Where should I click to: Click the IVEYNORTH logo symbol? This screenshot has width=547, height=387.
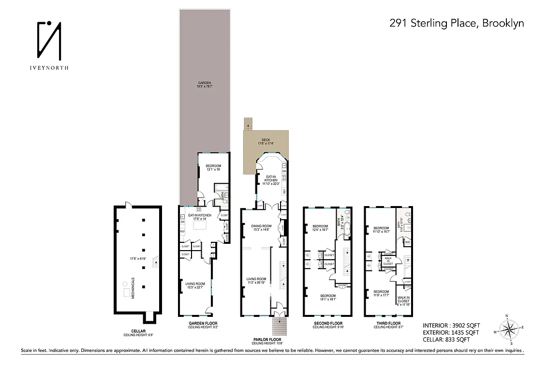point(49,39)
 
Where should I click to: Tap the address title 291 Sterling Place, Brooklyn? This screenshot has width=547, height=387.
point(457,23)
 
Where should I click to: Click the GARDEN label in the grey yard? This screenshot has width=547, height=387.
point(205,84)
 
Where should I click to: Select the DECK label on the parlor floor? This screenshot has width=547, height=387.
point(266,141)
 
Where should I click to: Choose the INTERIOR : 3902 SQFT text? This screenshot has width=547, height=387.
point(451,326)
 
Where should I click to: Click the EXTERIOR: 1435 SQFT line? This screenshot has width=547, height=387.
point(451,332)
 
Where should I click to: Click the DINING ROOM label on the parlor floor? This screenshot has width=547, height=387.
point(261,227)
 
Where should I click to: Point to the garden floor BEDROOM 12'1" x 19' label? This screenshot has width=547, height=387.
point(213,167)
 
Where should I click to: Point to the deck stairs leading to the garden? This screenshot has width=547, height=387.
point(248,124)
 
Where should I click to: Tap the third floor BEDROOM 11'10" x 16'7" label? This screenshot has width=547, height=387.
point(381,230)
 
